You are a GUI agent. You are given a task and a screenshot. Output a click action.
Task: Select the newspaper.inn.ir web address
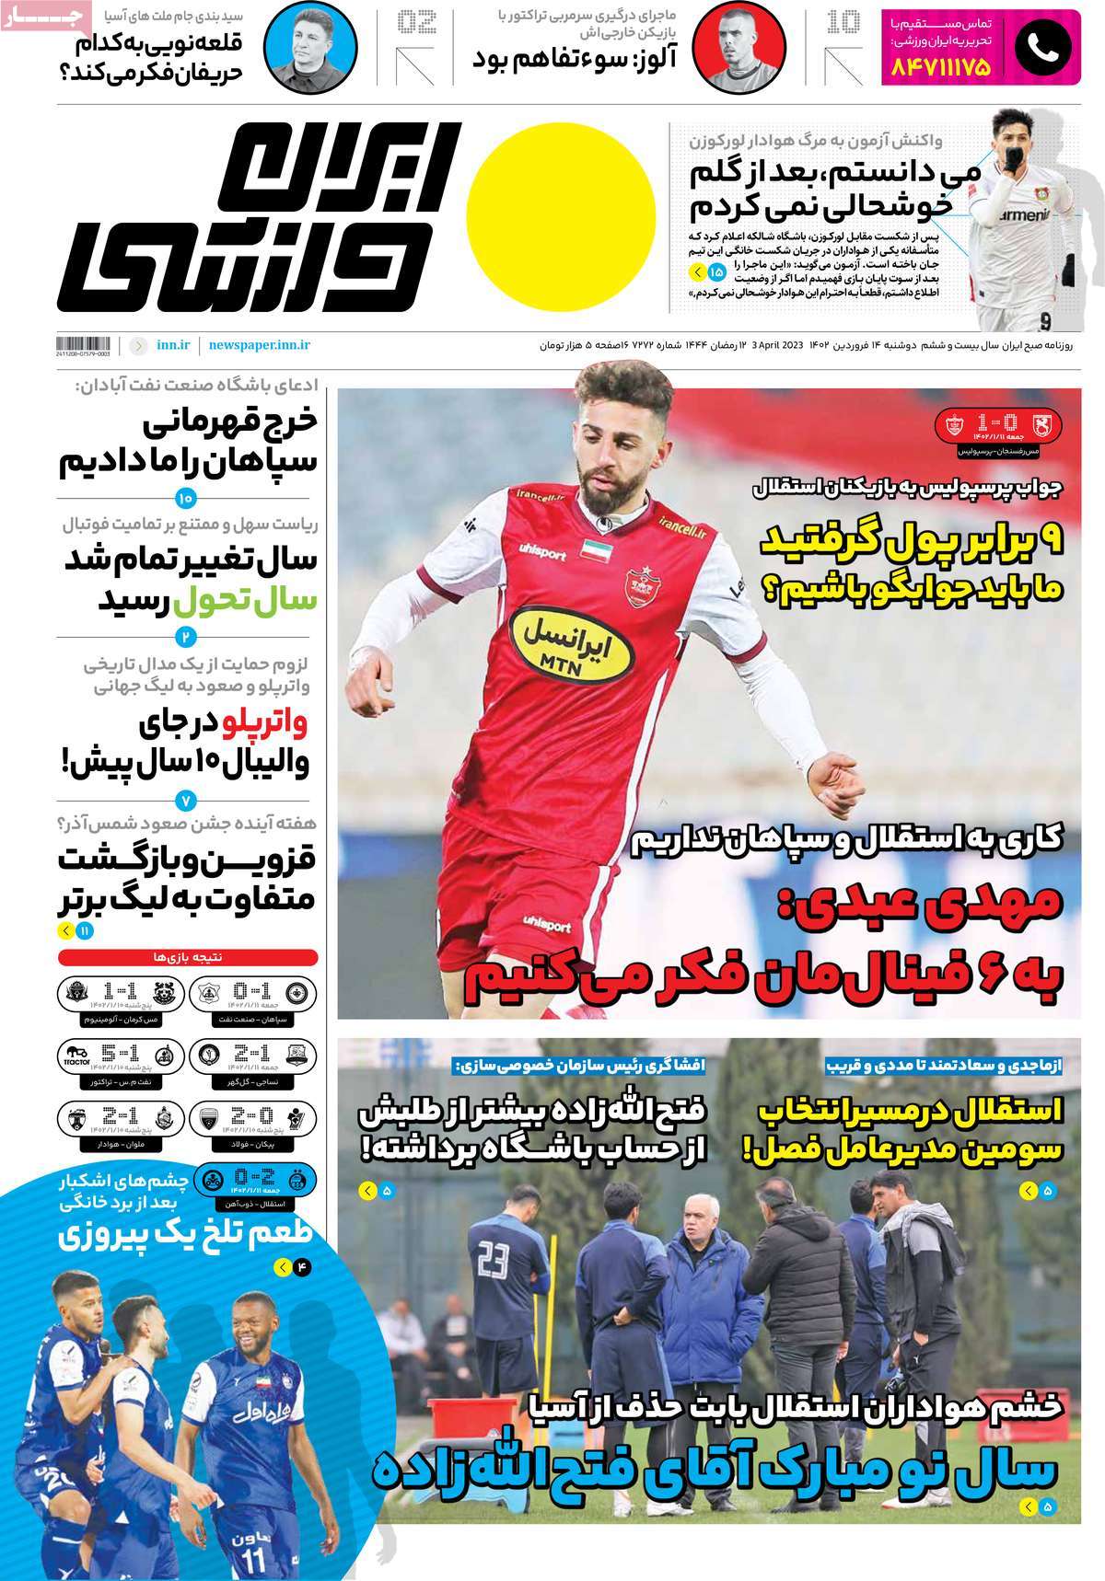pyautogui.click(x=259, y=345)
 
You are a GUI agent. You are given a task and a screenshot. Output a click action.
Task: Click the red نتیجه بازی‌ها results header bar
pyautogui.click(x=188, y=957)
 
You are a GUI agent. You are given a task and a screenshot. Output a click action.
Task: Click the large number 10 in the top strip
pyautogui.click(x=843, y=22)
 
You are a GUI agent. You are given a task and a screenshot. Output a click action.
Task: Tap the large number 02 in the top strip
pyautogui.click(x=415, y=22)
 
